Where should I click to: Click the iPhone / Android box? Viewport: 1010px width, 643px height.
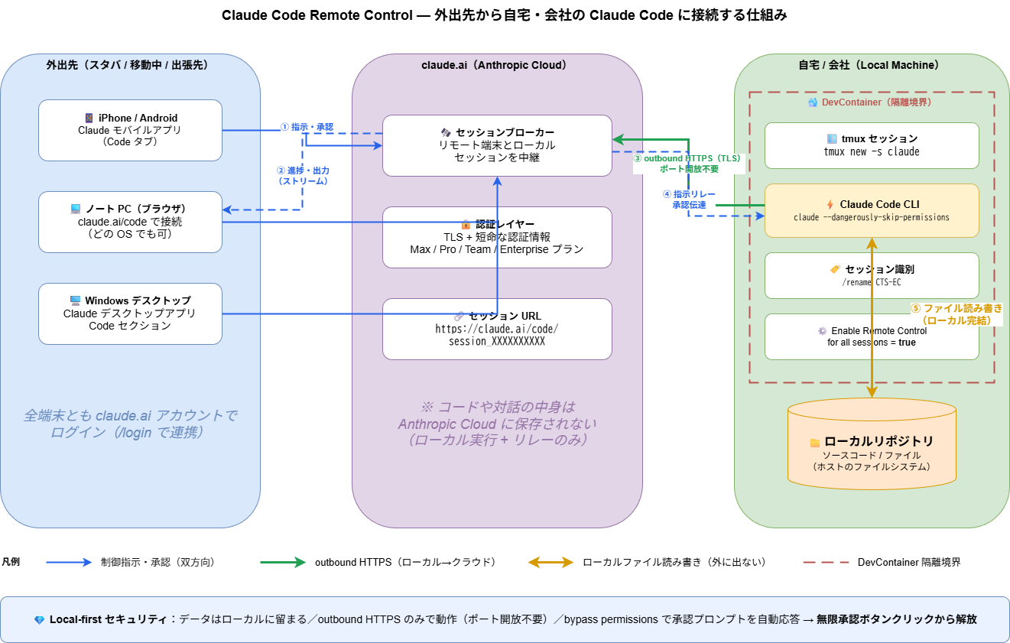[130, 130]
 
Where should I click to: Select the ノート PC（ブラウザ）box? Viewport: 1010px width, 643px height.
[130, 222]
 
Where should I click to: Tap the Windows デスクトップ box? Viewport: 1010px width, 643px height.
[130, 313]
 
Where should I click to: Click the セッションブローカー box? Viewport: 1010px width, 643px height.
[497, 145]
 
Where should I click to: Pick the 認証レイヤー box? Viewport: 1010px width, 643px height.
[497, 237]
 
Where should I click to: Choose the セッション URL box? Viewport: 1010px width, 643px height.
[497, 329]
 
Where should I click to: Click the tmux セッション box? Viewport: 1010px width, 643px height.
[872, 145]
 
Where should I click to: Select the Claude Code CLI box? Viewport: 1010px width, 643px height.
[872, 210]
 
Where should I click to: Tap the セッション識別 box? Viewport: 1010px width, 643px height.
[872, 275]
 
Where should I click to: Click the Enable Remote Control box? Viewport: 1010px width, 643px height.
[872, 336]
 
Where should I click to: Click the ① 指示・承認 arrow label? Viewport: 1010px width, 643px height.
[307, 127]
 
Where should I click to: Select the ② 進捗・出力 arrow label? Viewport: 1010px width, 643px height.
[303, 176]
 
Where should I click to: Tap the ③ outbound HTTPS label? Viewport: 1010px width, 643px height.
[688, 163]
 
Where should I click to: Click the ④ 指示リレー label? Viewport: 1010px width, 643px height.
[689, 200]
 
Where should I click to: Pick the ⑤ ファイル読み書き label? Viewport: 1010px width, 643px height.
[956, 314]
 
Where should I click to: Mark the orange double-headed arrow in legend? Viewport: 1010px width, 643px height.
[550, 562]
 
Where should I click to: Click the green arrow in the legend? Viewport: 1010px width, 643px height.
[283, 562]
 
